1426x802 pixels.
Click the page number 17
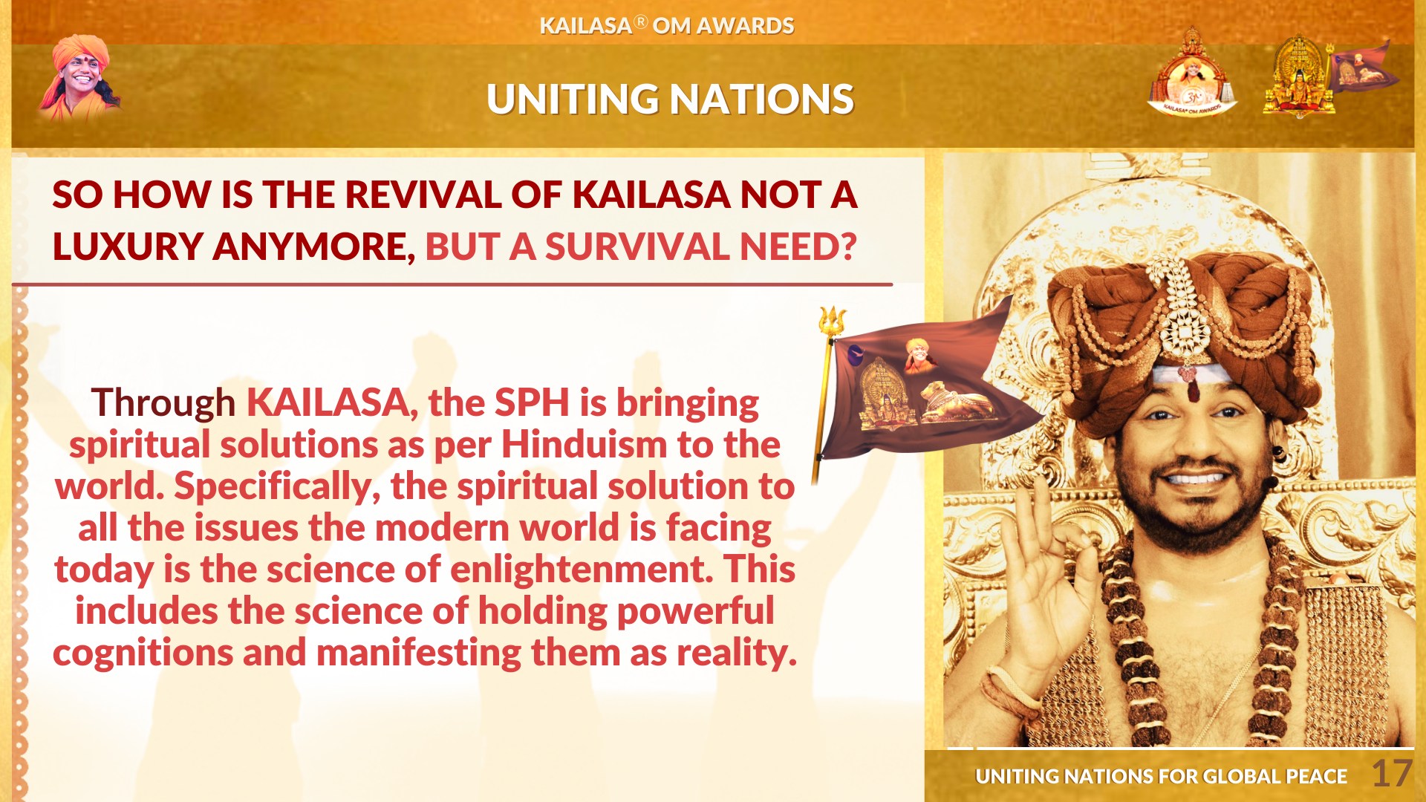tap(1391, 774)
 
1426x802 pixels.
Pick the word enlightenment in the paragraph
tap(577, 570)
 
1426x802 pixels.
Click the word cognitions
tap(143, 653)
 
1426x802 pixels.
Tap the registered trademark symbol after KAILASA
tap(641, 22)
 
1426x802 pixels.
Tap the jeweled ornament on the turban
tap(1179, 312)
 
